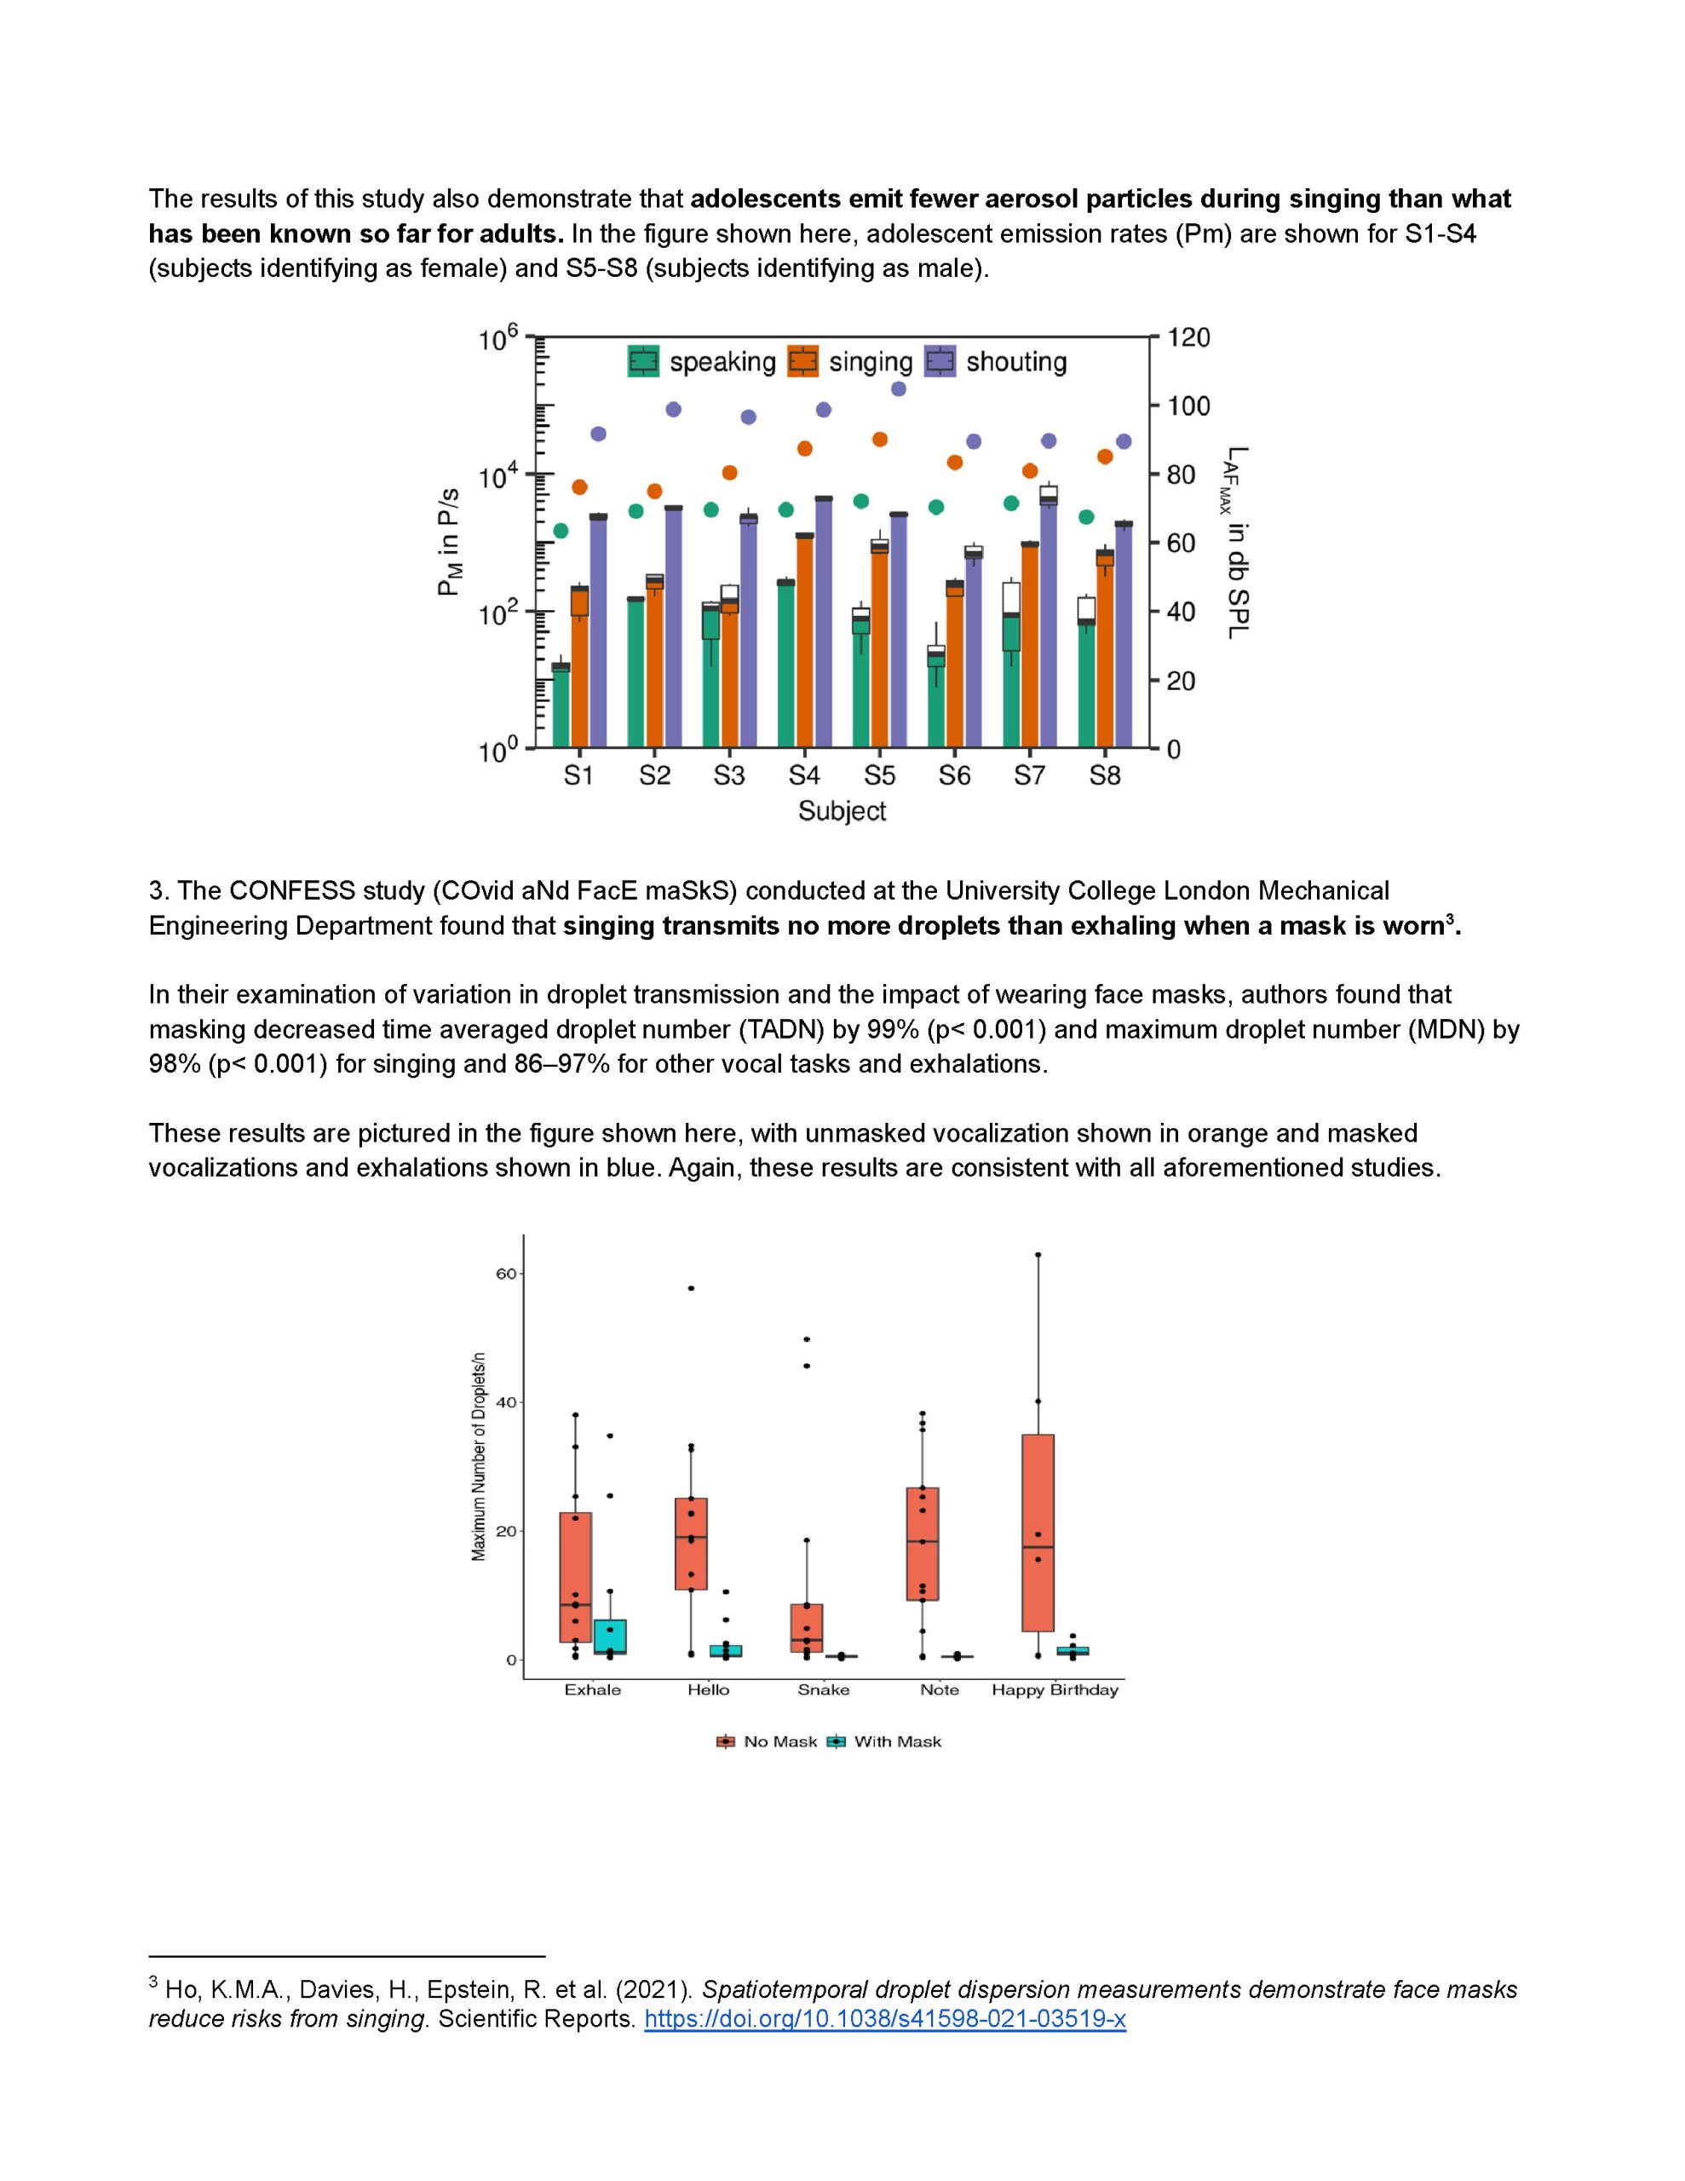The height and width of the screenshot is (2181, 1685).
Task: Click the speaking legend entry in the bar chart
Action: point(701,361)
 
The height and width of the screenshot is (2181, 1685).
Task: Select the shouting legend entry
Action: point(995,361)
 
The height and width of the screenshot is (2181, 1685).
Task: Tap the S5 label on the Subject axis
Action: point(879,775)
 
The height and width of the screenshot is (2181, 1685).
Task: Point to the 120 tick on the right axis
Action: point(1188,337)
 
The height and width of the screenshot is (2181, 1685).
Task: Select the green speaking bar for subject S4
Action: point(786,663)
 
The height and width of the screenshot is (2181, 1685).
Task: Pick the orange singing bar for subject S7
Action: point(1030,645)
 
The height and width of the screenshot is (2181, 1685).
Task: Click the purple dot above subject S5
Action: point(898,388)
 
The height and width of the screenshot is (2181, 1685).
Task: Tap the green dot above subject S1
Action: point(561,530)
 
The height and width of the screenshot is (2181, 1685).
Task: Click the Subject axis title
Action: point(841,811)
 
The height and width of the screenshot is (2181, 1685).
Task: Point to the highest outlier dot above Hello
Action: point(691,1288)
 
